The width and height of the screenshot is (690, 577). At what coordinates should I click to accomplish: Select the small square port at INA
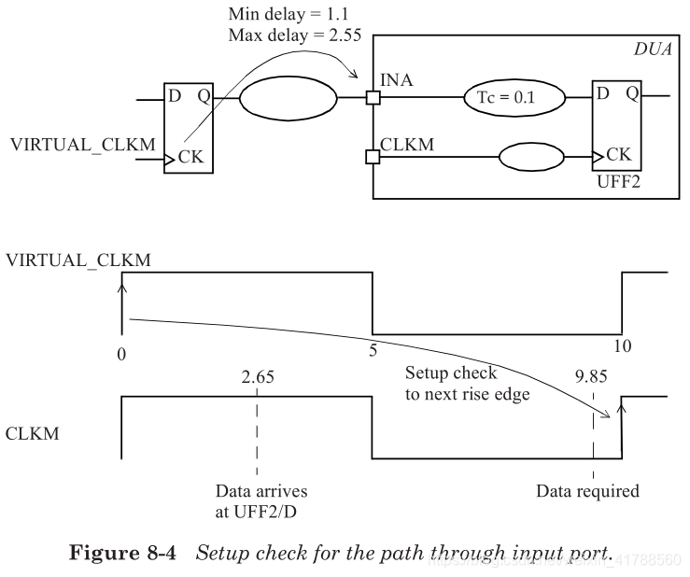point(373,97)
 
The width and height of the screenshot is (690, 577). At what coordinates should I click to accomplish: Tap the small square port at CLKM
point(373,156)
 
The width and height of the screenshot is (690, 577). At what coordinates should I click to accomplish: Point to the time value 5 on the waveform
point(373,345)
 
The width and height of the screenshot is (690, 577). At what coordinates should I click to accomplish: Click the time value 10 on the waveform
point(622,345)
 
